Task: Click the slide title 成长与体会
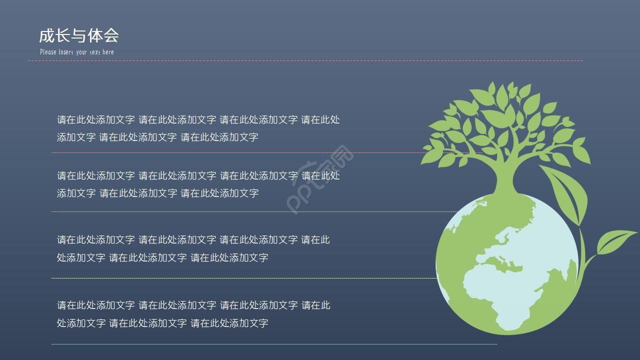coord(79,35)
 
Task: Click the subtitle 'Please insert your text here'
coord(76,52)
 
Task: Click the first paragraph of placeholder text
coord(198,128)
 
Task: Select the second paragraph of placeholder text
coord(198,184)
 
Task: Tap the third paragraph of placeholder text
coord(193,248)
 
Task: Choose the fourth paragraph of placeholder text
coord(193,314)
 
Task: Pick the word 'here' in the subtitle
coord(108,52)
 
